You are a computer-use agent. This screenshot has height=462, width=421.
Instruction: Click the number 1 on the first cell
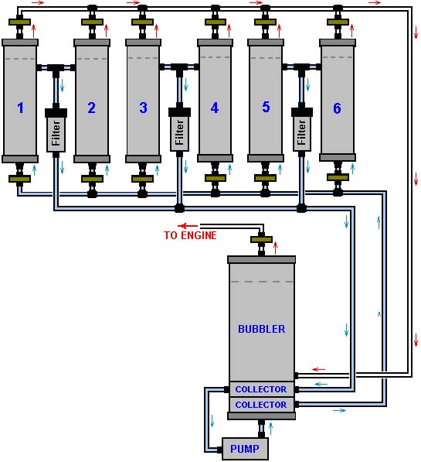[20, 108]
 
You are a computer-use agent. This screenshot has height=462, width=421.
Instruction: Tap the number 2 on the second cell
[91, 108]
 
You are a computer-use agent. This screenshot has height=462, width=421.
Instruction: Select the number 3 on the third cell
[143, 108]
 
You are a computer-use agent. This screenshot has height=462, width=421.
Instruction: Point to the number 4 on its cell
[215, 108]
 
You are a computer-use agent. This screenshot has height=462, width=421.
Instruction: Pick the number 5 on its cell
[266, 107]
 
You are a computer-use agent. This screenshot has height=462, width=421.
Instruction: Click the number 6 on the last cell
[337, 108]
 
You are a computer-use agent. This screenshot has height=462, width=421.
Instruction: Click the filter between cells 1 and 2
[56, 130]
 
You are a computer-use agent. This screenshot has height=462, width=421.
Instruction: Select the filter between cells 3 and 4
[179, 130]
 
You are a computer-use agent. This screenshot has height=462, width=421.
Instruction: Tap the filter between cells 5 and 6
[302, 130]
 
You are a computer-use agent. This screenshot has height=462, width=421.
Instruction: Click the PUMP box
[245, 449]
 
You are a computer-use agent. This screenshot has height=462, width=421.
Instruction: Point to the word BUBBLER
[262, 329]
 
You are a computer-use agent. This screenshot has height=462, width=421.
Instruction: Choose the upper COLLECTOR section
[261, 389]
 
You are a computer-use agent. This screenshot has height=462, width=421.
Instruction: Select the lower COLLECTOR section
[261, 405]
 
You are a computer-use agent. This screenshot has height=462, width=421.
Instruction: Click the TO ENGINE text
[190, 235]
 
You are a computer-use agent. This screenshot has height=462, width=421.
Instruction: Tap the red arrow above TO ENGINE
[188, 226]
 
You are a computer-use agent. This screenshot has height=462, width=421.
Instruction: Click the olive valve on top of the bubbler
[261, 240]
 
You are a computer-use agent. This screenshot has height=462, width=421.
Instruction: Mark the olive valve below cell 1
[19, 179]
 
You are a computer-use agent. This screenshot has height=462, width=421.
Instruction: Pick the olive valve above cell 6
[338, 22]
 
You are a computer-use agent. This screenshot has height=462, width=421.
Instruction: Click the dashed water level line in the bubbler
[262, 282]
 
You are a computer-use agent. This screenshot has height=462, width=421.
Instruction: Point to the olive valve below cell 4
[216, 178]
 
